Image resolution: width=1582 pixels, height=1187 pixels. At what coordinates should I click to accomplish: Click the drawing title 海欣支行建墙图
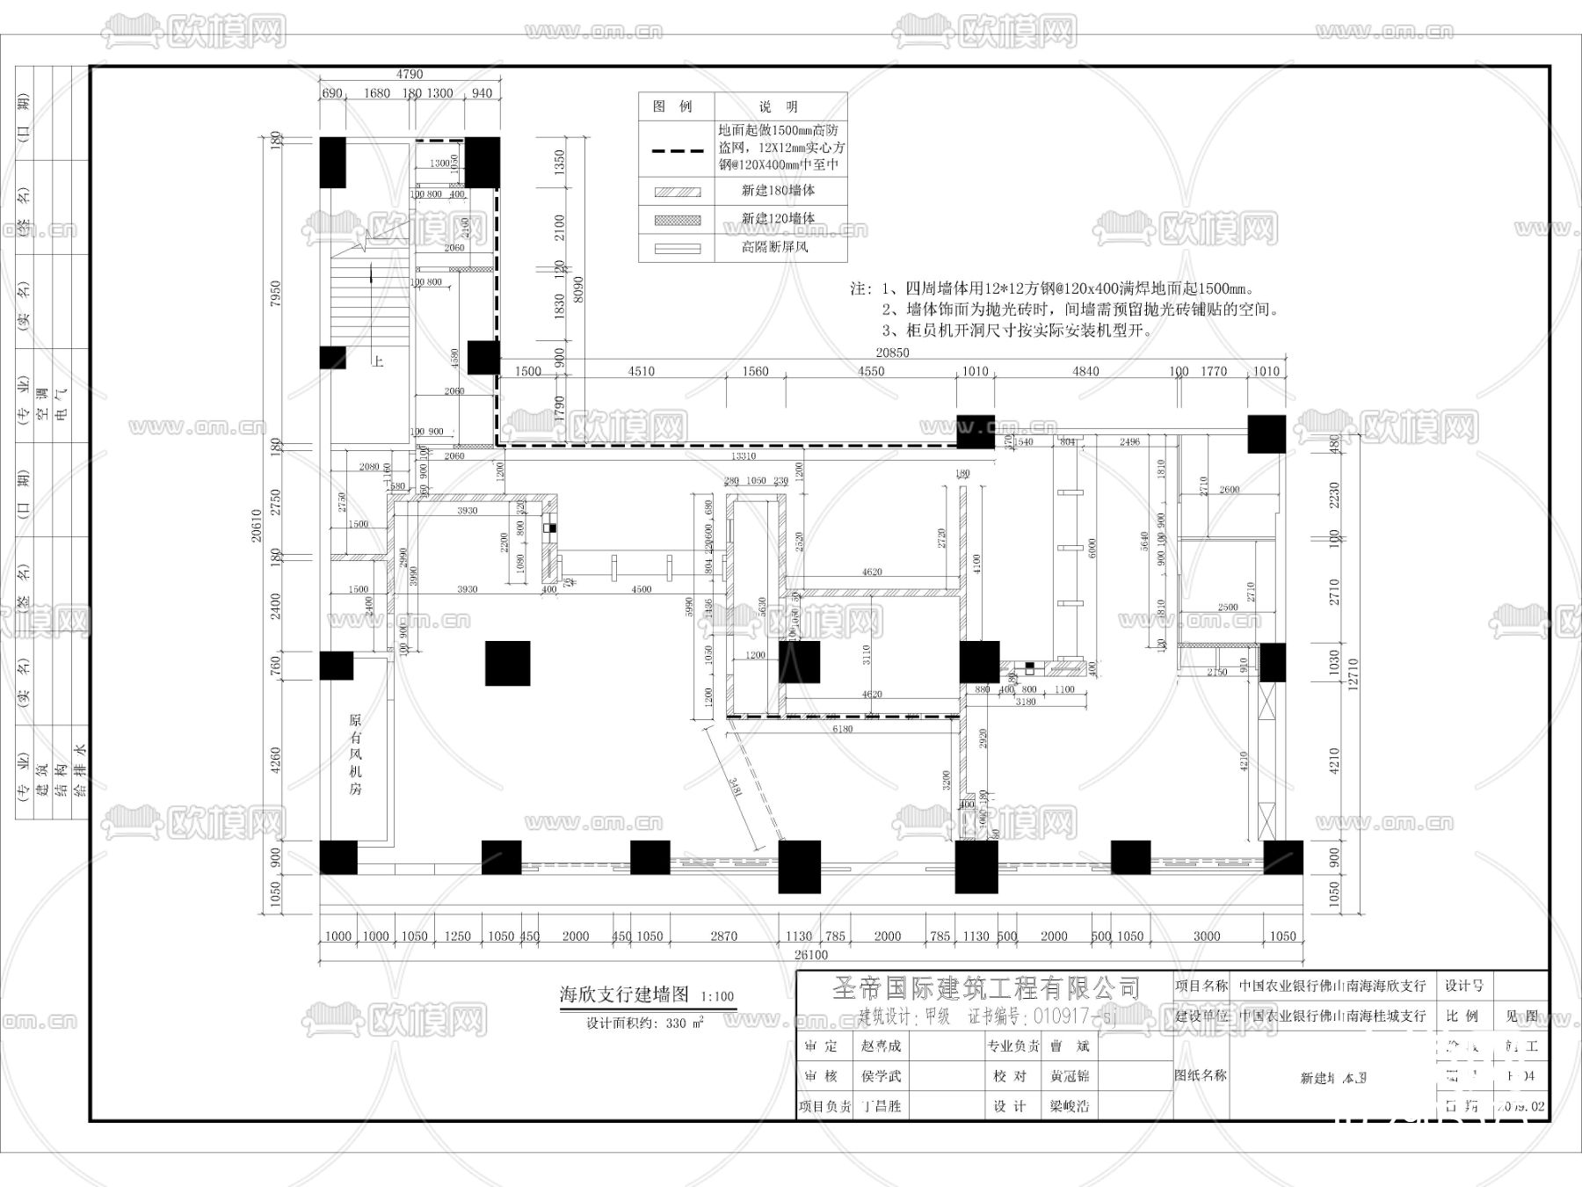coord(624,994)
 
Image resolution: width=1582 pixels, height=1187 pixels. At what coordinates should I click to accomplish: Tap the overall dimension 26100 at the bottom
coord(810,955)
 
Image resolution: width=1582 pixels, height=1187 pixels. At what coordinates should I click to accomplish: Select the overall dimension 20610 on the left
coord(257,526)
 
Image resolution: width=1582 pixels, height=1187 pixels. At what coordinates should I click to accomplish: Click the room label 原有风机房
coord(355,754)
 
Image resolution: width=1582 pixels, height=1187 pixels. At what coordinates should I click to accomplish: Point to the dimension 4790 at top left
coord(410,75)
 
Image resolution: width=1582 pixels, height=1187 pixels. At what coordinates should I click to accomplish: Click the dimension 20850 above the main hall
coord(892,353)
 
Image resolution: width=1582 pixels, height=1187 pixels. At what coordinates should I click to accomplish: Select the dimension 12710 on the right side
coord(1353,674)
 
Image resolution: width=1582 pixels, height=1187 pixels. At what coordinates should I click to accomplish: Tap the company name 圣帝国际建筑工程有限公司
coord(986,988)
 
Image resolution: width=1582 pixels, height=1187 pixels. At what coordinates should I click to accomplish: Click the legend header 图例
coord(673,106)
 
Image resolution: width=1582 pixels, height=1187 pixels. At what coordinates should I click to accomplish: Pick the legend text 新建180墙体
coord(778,190)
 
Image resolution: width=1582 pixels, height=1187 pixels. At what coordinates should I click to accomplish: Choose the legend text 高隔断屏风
coord(774,247)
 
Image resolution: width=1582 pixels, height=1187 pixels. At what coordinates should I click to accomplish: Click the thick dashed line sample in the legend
coord(677,150)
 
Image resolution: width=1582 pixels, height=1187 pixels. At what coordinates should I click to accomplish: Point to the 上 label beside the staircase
coord(377,361)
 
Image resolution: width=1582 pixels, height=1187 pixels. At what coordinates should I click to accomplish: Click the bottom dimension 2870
coord(723,936)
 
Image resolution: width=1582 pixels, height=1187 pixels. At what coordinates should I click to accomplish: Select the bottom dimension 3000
coord(1206,936)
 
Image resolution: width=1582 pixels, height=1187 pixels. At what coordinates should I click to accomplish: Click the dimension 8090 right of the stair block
coord(577,289)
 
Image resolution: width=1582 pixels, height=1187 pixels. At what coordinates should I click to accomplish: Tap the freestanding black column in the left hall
coord(507,663)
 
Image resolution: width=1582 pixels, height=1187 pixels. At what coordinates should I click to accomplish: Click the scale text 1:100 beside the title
coord(717,997)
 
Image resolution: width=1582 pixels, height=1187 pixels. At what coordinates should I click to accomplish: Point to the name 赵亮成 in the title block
coord(881,1046)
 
